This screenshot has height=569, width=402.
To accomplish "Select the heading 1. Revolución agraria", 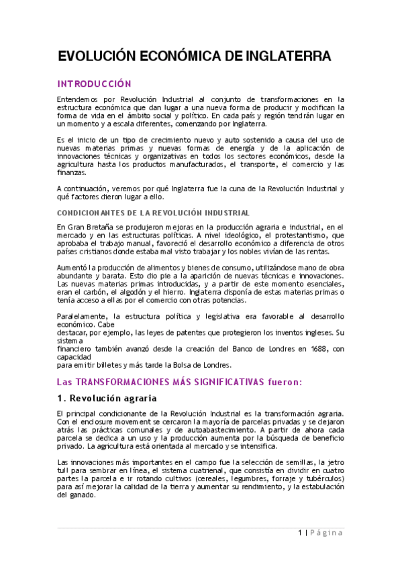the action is coord(107,398).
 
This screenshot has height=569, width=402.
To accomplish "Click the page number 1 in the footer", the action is coord(300,533).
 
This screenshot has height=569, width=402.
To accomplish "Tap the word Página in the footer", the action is coord(327,533).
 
